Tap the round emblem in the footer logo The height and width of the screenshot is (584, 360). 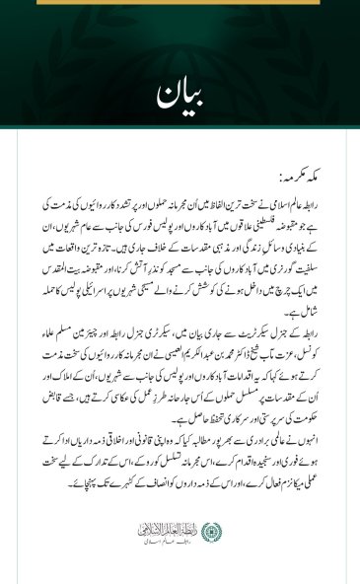click(x=209, y=532)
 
